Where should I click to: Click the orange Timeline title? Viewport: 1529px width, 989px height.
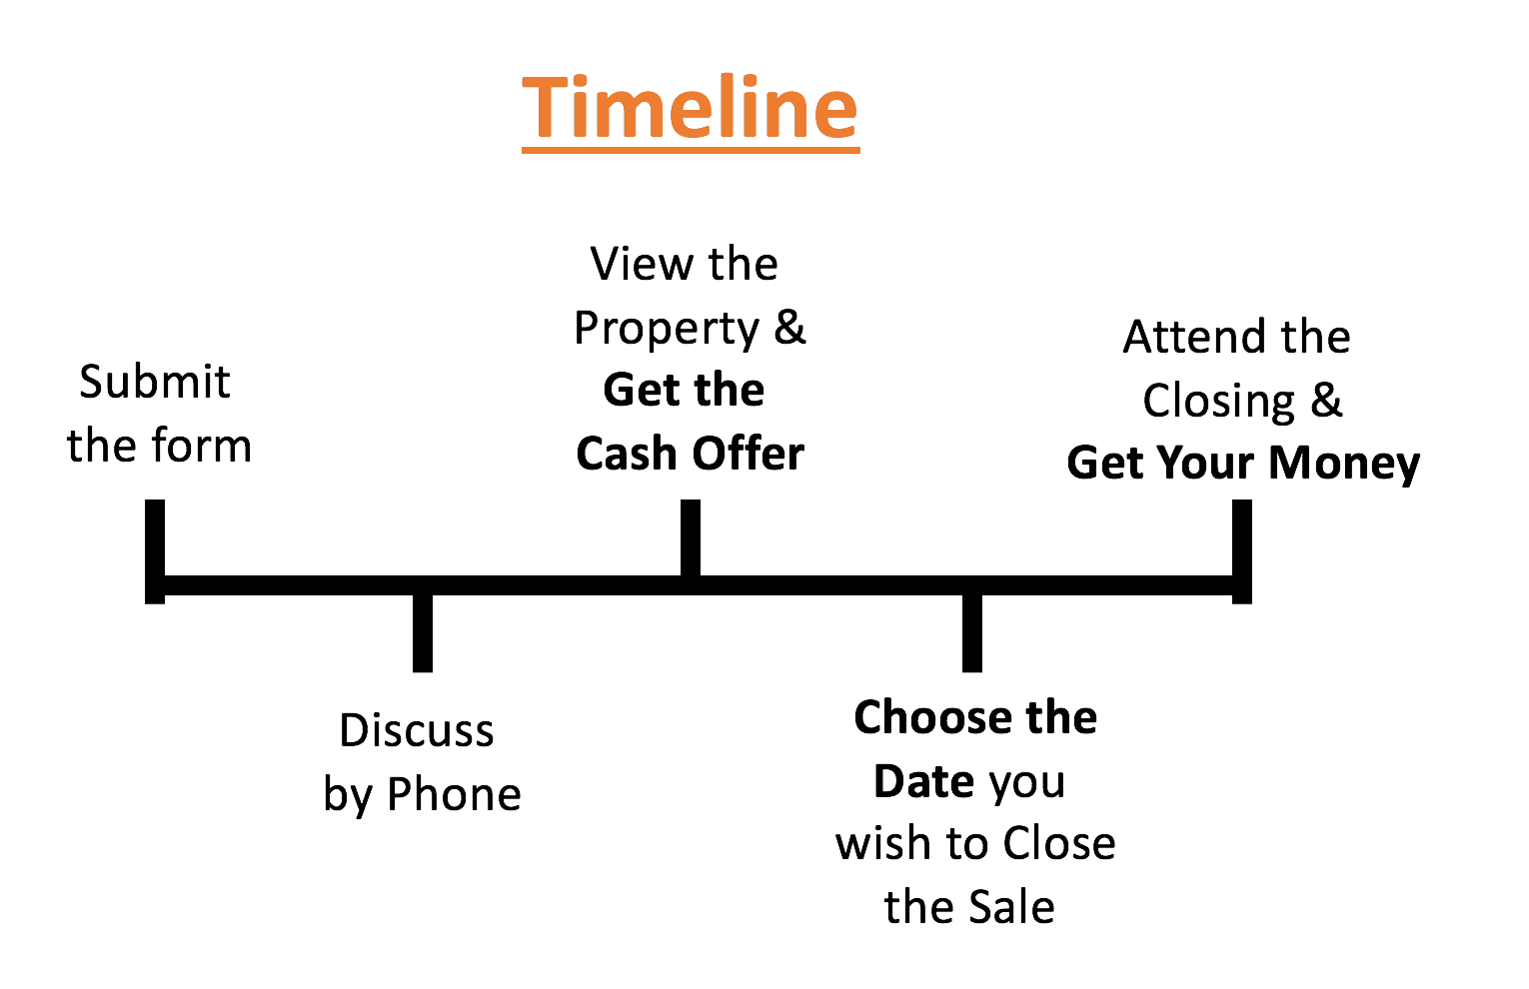pos(691,107)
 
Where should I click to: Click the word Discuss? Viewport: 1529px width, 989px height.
pos(417,730)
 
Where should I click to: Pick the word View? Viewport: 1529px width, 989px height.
pos(642,264)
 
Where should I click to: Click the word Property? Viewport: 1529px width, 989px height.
pos(667,329)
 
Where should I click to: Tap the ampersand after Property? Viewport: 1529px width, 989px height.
pos(789,327)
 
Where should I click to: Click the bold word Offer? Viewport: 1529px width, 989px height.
pos(749,454)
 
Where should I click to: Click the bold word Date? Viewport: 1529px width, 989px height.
pos(924,781)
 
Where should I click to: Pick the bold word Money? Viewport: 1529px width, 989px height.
pos(1344,464)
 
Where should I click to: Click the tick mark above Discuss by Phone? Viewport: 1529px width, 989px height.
pos(423,632)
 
